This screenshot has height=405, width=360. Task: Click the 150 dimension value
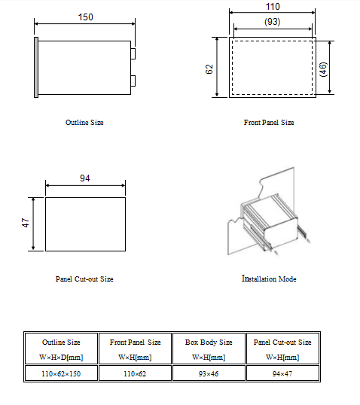86,17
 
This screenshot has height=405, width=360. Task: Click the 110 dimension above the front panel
273,7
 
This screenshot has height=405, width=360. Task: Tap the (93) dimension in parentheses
273,22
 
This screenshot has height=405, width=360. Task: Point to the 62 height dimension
209,69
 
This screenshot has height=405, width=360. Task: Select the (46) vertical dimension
323,69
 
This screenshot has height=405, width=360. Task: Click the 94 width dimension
85,178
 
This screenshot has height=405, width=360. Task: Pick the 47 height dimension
26,223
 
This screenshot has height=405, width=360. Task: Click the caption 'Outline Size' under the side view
84,123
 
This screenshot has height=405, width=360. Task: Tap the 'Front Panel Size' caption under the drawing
269,123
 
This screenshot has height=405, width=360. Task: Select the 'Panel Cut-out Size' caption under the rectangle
84,279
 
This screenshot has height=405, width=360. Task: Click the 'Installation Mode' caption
269,279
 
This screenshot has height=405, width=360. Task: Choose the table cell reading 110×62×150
61,373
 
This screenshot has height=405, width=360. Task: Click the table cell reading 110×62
135,373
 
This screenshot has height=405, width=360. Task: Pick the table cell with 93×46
209,373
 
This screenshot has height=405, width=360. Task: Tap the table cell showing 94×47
282,373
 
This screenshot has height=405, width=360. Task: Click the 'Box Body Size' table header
209,343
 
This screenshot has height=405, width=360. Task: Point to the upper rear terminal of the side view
133,53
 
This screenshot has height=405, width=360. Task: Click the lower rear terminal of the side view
133,81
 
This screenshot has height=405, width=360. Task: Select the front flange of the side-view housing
36,68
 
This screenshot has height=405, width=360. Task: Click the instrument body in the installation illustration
271,220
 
